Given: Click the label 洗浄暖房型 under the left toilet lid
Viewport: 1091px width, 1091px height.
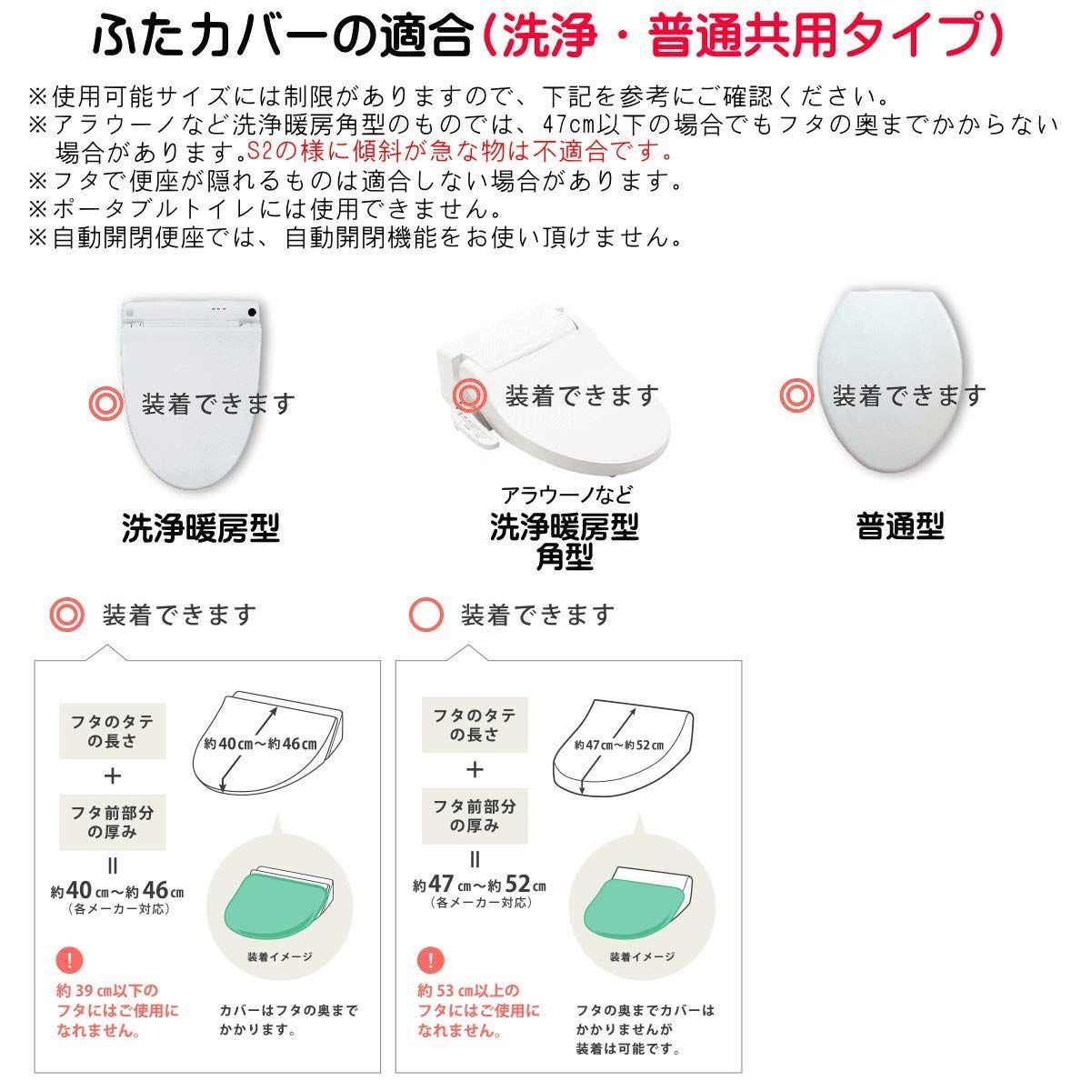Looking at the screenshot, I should [200, 527].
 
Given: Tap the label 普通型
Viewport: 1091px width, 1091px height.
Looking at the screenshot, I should [899, 525].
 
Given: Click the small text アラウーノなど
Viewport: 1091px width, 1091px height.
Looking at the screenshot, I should [566, 495].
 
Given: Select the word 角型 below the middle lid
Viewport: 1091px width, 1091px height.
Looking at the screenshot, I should [565, 556].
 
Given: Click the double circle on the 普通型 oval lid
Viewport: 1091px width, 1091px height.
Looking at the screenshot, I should [797, 395].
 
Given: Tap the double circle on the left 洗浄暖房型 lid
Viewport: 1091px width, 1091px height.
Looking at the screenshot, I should [106, 403].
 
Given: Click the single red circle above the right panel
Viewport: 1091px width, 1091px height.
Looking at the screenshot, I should [427, 615].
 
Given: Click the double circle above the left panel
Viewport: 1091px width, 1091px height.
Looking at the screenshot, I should [66, 615].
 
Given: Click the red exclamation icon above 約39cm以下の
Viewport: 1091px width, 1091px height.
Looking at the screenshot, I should [67, 960].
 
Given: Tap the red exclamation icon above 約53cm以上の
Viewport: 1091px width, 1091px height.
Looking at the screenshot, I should [430, 960].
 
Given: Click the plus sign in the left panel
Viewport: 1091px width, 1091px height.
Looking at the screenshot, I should [113, 776].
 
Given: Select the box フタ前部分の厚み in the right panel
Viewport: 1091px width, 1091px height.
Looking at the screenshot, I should [474, 816].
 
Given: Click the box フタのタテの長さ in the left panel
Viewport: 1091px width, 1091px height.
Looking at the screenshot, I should [113, 730].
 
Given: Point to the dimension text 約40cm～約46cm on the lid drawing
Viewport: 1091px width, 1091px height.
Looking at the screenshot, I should [259, 744].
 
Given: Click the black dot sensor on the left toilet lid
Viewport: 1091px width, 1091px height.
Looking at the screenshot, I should [250, 313].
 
